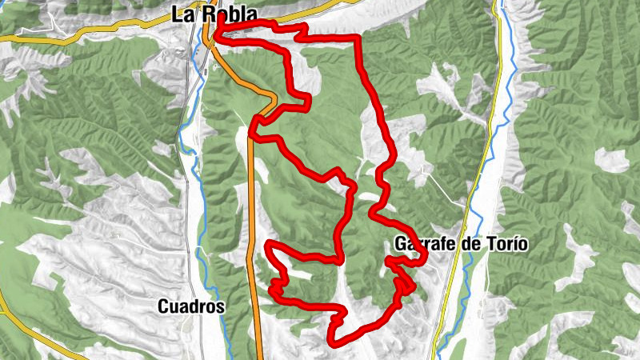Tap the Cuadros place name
[x=192, y=306]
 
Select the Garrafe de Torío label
[x=461, y=244]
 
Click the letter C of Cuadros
[x=163, y=306]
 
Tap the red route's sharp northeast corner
[x=358, y=38]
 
